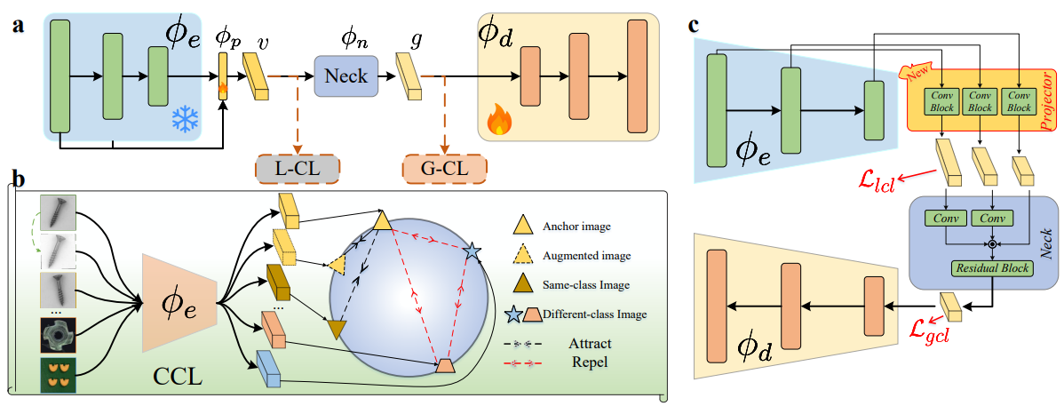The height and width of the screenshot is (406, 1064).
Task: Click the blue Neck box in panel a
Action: (345, 75)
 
